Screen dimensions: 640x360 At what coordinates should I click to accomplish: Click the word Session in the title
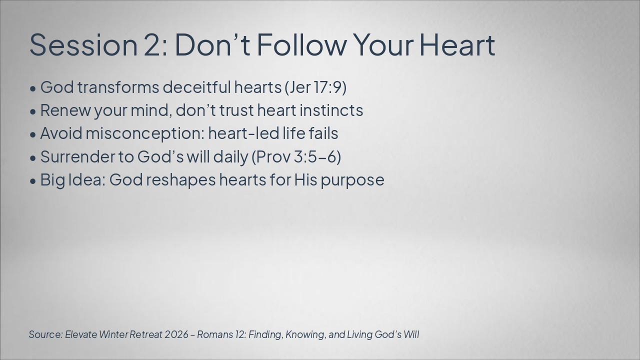pos(83,45)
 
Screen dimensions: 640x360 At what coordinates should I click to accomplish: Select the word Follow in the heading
pos(301,44)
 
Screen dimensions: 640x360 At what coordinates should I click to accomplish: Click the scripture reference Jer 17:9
pos(315,87)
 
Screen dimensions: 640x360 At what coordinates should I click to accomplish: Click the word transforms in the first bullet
pos(118,87)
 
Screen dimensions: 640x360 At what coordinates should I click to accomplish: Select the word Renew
pos(65,110)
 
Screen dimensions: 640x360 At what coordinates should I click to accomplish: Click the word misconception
pos(145,133)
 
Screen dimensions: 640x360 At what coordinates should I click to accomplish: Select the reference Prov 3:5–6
pos(296,157)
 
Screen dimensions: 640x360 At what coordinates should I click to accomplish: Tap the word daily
pos(231,157)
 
